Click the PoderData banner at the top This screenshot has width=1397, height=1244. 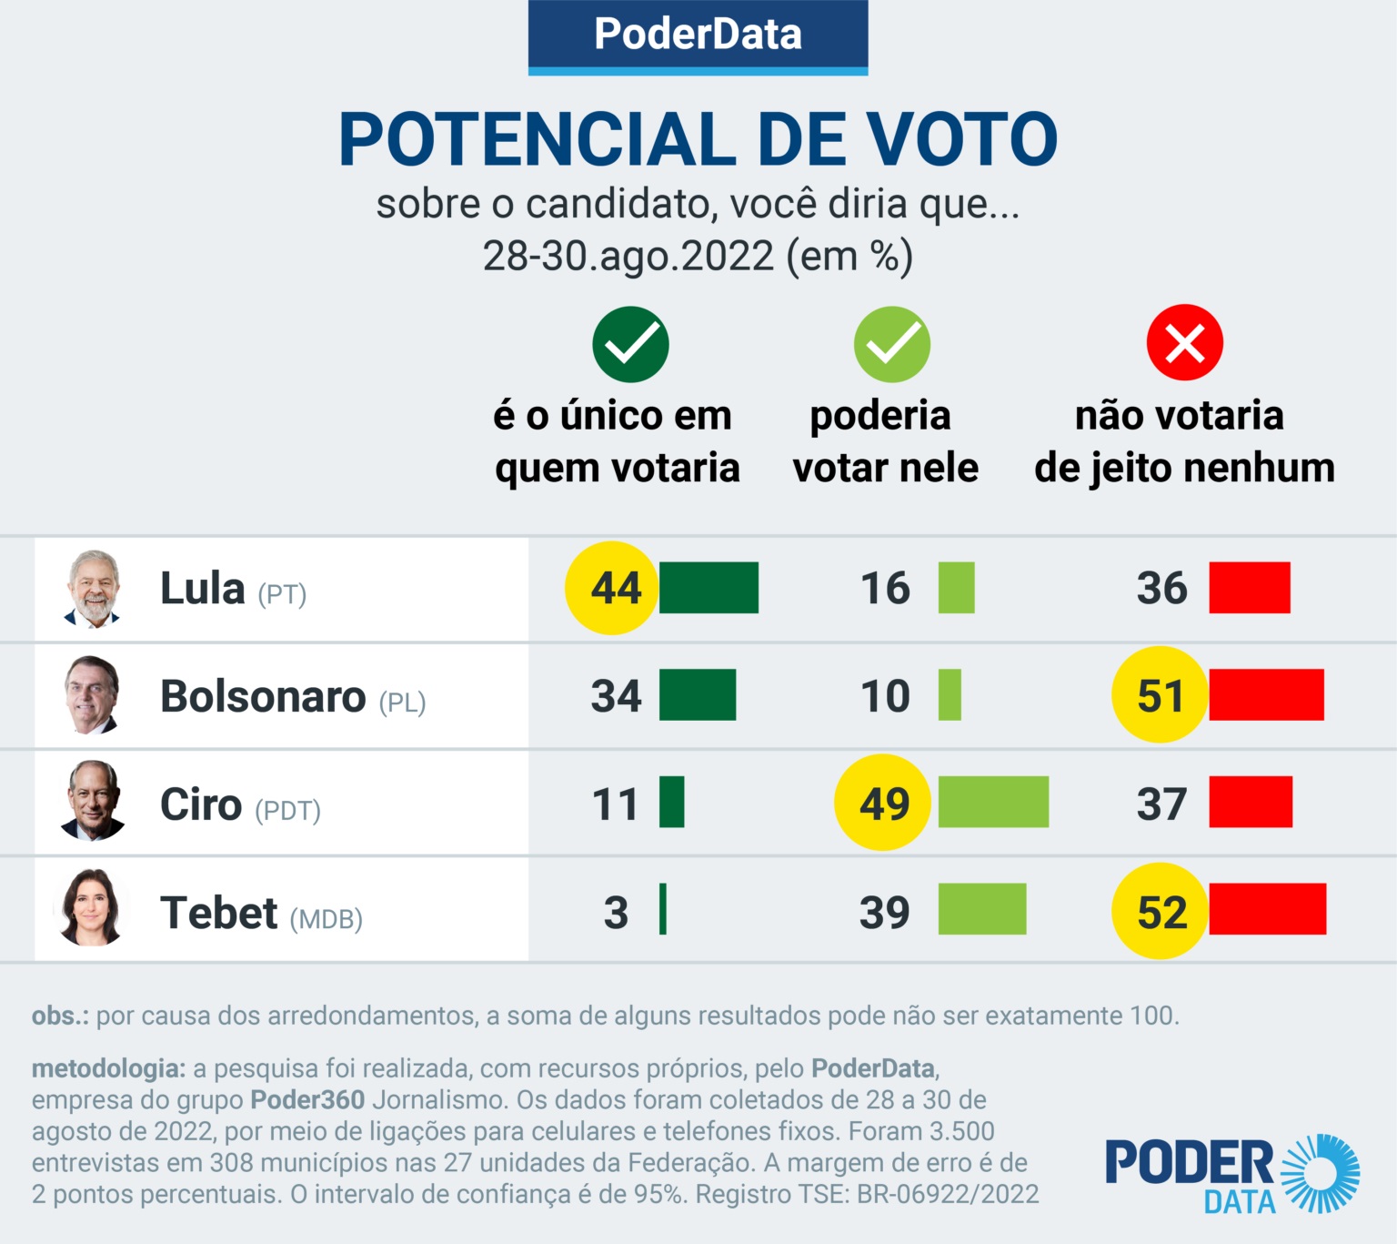point(698,35)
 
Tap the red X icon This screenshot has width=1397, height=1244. point(1184,343)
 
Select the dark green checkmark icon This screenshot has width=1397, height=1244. point(630,344)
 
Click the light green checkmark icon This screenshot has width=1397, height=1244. point(891,344)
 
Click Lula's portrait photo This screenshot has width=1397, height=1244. point(94,589)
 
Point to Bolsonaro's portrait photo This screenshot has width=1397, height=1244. point(93,694)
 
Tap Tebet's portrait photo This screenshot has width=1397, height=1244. point(91,908)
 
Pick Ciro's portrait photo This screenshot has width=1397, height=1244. point(93,801)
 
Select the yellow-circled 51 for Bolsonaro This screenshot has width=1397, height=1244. point(1160,695)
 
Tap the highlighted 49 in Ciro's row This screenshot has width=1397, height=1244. point(883,803)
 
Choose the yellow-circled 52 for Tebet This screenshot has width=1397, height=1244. point(1161,911)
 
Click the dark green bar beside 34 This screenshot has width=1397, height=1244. point(698,695)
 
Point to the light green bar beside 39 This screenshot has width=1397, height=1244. point(982,909)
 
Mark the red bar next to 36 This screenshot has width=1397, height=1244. point(1250,588)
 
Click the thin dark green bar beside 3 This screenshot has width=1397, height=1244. point(663,909)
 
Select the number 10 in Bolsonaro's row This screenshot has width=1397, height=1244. point(885,696)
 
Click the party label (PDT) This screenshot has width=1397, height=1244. point(287,811)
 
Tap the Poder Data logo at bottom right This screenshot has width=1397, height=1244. point(1231,1174)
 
